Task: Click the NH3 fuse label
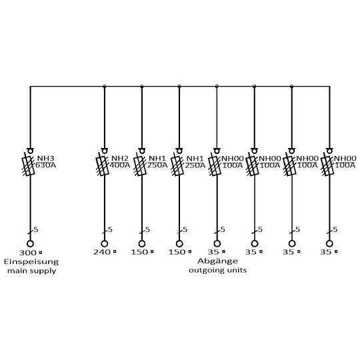[46, 159]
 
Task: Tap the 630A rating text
[46, 165]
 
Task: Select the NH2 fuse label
[120, 159]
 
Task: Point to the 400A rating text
[120, 165]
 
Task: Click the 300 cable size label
[28, 253]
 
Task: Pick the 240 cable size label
[102, 252]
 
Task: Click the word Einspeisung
[31, 262]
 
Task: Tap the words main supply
[32, 271]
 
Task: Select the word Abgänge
[217, 261]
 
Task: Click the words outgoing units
[217, 270]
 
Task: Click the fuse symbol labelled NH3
[29, 166]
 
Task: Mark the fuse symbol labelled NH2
[103, 166]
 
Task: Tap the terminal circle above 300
[30, 243]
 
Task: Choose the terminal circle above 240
[104, 243]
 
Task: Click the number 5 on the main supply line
[36, 229]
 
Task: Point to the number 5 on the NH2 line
[110, 229]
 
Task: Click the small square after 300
[41, 253]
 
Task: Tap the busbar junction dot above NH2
[105, 86]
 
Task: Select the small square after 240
[115, 252]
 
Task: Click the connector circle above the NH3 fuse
[30, 151]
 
